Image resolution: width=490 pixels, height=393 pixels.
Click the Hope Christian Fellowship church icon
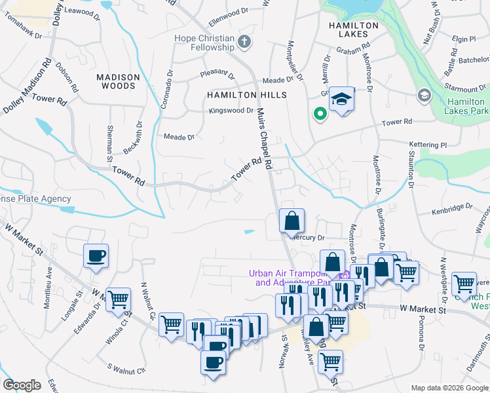click(x=244, y=43)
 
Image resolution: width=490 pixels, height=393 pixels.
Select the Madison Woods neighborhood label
click(x=118, y=81)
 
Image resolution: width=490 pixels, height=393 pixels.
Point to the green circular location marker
click(x=320, y=115)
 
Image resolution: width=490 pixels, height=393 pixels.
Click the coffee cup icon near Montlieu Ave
click(x=96, y=255)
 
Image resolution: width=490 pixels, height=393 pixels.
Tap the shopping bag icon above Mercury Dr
click(x=292, y=220)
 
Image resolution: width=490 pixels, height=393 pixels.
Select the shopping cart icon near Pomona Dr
click(x=464, y=283)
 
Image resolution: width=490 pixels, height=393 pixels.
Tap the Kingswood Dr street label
click(x=231, y=111)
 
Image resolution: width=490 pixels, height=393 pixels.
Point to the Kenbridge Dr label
click(x=452, y=212)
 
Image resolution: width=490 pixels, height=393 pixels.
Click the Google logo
click(x=22, y=385)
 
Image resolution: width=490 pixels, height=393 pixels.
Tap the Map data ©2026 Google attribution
click(x=449, y=388)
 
